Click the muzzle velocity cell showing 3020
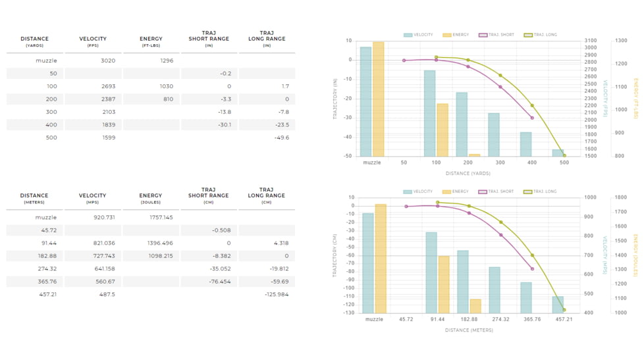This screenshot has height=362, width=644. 108,61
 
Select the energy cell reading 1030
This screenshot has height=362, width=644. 166,86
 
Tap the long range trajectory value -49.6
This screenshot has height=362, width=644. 282,138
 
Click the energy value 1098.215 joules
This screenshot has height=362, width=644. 160,256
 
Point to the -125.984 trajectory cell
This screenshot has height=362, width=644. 276,294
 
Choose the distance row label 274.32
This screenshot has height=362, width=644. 47,269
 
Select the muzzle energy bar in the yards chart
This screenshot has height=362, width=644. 378,99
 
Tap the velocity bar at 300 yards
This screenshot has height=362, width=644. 494,134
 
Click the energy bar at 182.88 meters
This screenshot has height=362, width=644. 475,306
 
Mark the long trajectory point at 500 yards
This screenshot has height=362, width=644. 564,155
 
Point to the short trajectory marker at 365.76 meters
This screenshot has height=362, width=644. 532,269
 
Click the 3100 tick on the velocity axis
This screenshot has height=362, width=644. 591,41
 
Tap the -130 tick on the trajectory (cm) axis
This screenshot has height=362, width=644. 347,313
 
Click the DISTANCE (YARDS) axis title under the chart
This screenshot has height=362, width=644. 468,174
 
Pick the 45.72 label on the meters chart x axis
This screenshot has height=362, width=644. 406,319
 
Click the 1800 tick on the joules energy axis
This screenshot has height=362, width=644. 621,197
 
